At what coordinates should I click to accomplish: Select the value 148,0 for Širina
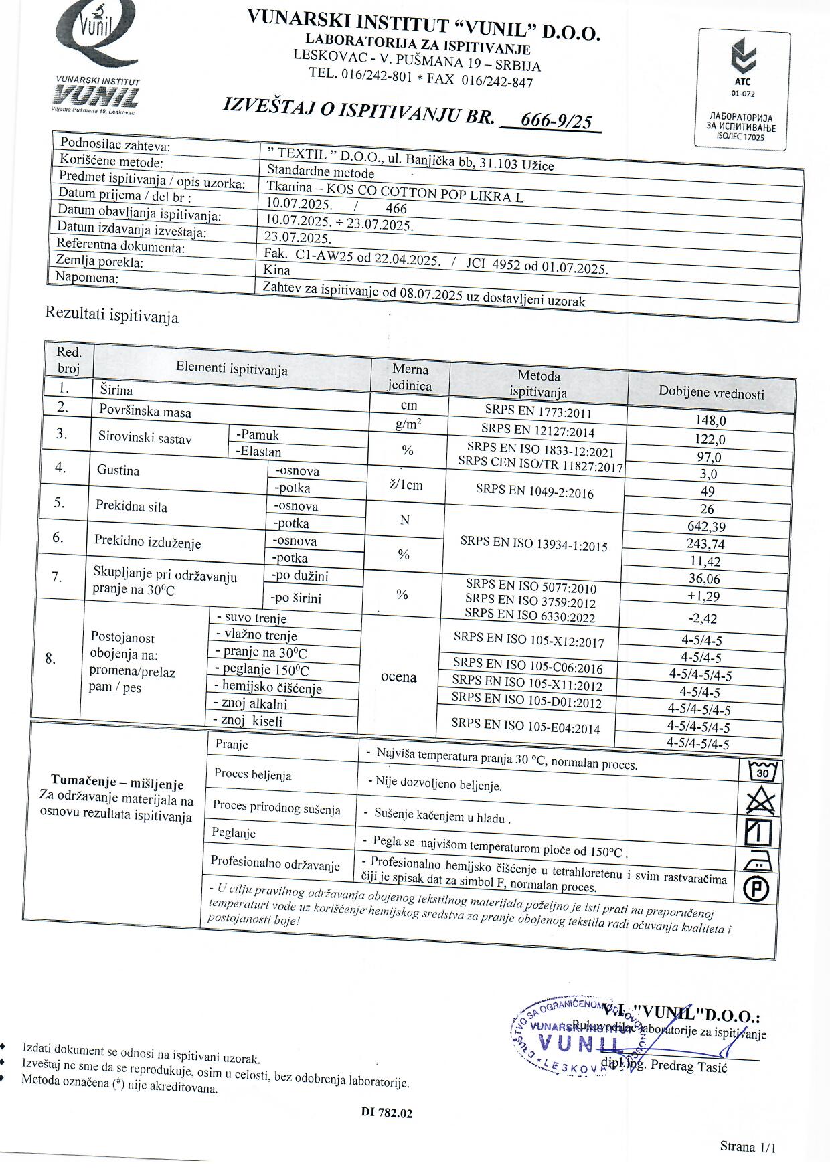[x=711, y=421]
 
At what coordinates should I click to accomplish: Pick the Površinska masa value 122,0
[x=710, y=440]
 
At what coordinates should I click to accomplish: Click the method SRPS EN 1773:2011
[x=539, y=412]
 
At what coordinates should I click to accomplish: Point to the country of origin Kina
[x=277, y=270]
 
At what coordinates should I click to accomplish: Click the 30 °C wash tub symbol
[x=761, y=772]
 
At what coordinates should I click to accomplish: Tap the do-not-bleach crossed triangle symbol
[x=760, y=801]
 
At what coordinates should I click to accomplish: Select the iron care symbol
[x=759, y=861]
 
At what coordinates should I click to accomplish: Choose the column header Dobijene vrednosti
[x=712, y=393]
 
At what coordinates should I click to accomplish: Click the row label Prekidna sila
[x=131, y=506]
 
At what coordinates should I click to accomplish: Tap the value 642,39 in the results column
[x=706, y=527]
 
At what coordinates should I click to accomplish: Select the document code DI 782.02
[x=387, y=1113]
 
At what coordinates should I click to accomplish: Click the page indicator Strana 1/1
[x=748, y=1147]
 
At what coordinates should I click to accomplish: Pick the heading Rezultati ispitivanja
[x=112, y=314]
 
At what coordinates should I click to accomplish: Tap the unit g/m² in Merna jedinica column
[x=408, y=424]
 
